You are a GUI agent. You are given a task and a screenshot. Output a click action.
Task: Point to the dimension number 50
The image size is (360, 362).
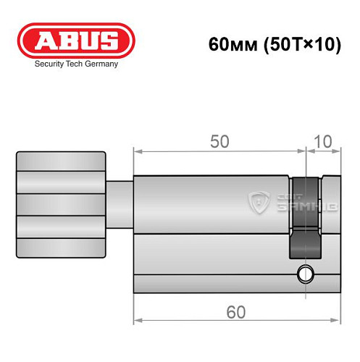click(x=219, y=142)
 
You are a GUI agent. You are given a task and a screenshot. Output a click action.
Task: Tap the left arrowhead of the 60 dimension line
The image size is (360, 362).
click(x=138, y=322)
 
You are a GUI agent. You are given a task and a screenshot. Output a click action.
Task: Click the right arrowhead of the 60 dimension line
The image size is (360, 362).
click(x=338, y=322)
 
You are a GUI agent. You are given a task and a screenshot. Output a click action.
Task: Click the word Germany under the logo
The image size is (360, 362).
click(x=101, y=64)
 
